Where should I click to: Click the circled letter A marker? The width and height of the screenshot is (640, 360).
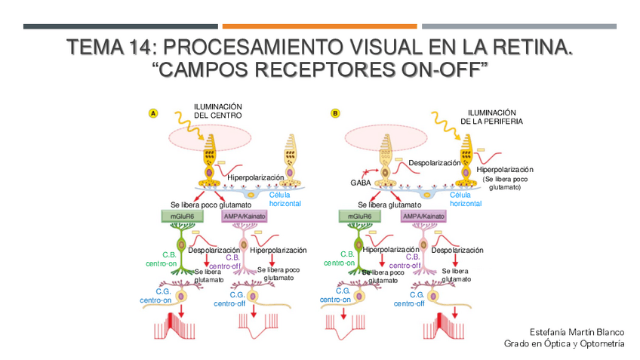[x=153, y=114]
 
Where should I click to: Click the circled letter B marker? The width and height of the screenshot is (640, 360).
[x=335, y=114]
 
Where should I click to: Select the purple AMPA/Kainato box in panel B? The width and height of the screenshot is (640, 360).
[x=423, y=217]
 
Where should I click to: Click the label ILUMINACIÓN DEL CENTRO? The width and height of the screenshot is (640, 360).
[x=217, y=112]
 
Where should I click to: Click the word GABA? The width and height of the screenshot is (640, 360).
[x=359, y=183]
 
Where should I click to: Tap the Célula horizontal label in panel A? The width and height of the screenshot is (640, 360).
[x=285, y=199]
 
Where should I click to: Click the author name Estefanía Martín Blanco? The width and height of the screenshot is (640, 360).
[x=577, y=332]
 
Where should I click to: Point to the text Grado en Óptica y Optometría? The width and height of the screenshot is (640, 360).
[x=565, y=344]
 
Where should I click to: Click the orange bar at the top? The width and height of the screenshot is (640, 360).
[x=319, y=26]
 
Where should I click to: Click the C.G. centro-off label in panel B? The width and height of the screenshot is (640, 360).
[x=409, y=300]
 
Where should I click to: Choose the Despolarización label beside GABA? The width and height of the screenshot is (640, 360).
[x=434, y=163]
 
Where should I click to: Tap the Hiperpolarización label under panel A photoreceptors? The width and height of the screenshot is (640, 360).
[x=255, y=177]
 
